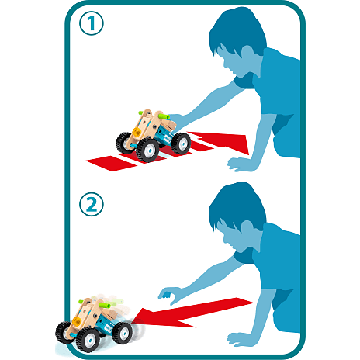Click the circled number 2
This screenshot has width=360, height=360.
tap(92, 204)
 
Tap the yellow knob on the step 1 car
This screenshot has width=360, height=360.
tap(137, 132)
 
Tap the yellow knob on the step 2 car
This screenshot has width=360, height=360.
tap(77, 321)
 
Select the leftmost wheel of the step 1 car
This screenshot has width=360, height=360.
tap(124, 143)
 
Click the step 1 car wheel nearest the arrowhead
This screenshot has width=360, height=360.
tap(181, 144)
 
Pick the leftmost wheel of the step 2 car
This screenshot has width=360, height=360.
tap(64, 333)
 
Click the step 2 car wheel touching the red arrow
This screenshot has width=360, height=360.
tap(123, 334)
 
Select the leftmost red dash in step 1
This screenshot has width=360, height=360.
tap(112, 163)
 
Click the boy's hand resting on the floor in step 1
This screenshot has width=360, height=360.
tap(239, 165)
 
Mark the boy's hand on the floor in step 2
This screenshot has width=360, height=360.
tap(239, 340)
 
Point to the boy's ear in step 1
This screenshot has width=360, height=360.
tap(247, 53)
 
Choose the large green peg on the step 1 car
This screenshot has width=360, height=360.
tap(164, 116)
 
